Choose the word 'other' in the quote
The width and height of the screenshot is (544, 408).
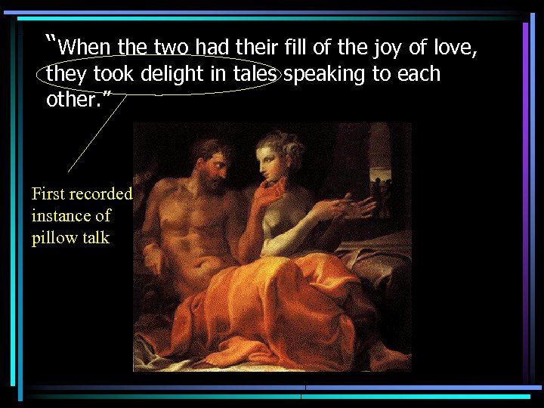[x=71, y=100]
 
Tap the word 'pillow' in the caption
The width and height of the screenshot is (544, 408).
[x=54, y=238]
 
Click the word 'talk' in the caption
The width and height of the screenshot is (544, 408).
[x=95, y=238]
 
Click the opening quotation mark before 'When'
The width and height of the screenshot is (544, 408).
[x=51, y=41]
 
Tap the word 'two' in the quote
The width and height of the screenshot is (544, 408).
[x=170, y=48]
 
